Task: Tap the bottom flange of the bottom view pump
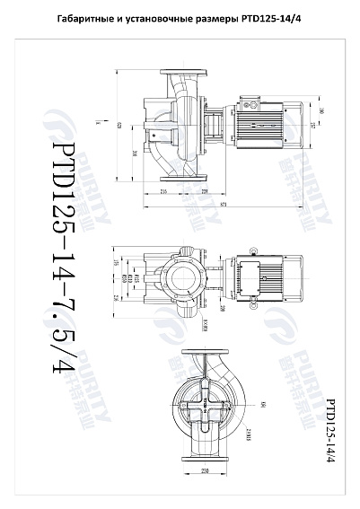(206, 457)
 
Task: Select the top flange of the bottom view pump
(206, 352)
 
